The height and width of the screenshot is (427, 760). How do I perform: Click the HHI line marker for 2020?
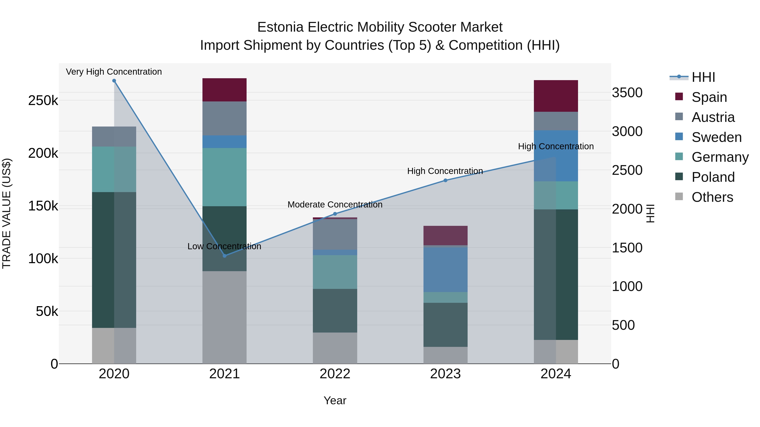(114, 81)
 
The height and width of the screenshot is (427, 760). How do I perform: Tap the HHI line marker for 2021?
(225, 256)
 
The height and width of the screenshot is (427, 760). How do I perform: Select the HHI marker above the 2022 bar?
(335, 214)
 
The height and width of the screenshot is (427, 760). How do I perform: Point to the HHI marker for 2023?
(445, 180)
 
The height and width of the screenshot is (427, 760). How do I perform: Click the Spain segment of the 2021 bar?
(225, 90)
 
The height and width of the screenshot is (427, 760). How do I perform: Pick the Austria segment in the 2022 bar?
(335, 234)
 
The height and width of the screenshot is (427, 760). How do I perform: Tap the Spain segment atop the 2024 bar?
(556, 96)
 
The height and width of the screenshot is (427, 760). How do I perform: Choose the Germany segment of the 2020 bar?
(114, 170)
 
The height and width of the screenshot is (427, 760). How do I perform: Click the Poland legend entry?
(713, 177)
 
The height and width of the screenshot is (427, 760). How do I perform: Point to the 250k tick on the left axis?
(43, 101)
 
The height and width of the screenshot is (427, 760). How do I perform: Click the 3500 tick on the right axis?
(627, 93)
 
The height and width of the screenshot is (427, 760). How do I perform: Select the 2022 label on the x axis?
(335, 374)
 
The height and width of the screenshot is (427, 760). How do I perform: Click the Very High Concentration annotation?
(114, 72)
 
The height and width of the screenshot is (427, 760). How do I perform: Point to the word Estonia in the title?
(280, 27)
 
